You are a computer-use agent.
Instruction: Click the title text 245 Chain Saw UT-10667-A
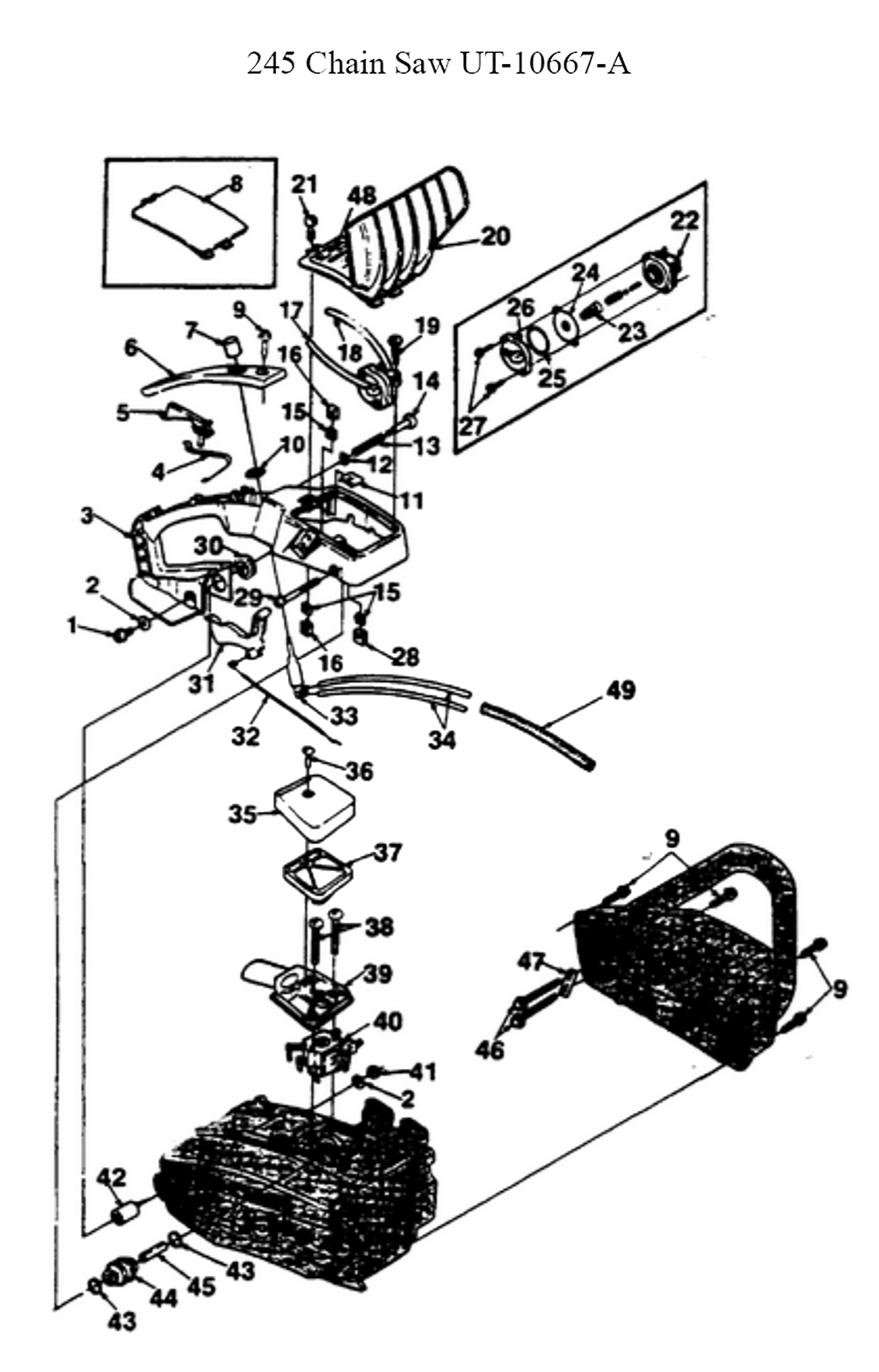click(x=439, y=63)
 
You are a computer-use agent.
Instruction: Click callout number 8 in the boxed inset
click(x=235, y=184)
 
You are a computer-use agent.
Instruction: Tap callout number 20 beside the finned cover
click(x=495, y=236)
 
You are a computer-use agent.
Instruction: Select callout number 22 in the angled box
click(x=684, y=220)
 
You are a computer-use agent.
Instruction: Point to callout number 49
click(x=621, y=691)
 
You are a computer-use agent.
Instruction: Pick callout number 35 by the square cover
click(x=243, y=815)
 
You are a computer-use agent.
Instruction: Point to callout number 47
click(x=530, y=962)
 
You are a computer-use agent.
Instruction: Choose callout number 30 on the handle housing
click(x=208, y=546)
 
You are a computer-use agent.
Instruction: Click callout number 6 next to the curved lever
click(x=131, y=348)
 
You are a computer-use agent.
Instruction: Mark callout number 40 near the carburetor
click(x=388, y=1021)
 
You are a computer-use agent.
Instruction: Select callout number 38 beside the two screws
click(x=380, y=927)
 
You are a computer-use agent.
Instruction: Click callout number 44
click(x=163, y=1299)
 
